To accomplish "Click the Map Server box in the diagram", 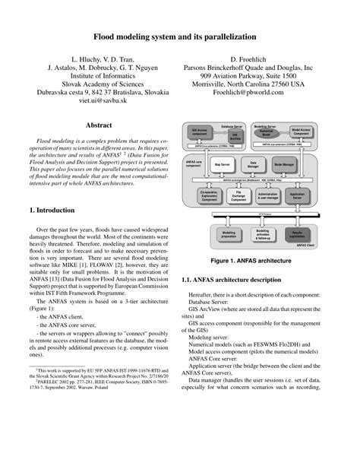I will tap(223, 164).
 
